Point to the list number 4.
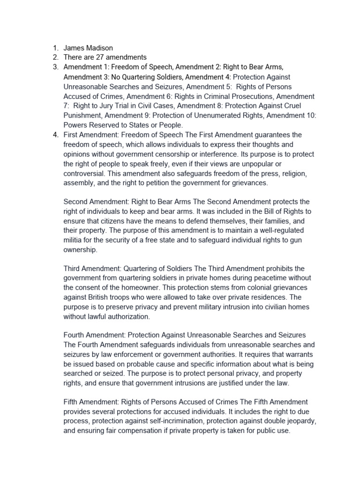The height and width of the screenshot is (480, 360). tap(54, 135)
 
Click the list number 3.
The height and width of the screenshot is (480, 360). tap(54, 67)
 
